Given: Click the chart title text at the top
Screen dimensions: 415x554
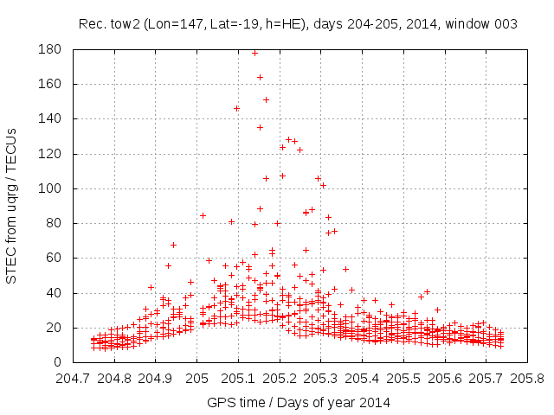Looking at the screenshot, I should point(298,24).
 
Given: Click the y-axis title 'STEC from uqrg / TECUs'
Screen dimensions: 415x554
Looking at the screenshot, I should point(12,206).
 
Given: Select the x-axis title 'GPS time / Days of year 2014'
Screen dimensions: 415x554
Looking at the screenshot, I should point(298,402).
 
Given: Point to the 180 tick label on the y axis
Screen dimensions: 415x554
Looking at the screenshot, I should point(50,49).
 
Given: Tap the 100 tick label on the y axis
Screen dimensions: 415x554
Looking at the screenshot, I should point(50,188).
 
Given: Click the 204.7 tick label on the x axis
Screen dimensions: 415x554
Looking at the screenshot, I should point(73,378).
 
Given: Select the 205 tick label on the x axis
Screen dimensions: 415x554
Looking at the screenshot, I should point(196,378).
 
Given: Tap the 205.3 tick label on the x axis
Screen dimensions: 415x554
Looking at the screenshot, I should point(320,378).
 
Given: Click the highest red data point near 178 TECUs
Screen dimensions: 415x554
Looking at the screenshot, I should point(254,53).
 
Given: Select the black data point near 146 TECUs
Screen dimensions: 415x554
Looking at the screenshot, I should point(236,108).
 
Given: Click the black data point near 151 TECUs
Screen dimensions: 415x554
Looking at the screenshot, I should point(266,99).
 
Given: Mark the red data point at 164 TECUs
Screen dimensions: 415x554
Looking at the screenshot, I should point(260,77).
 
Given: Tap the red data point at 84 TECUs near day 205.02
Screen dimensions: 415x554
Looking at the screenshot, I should point(203,215).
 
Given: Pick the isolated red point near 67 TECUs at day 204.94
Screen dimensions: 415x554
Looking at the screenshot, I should point(173,245).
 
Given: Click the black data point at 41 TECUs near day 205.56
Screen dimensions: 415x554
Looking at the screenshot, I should point(427,291).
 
